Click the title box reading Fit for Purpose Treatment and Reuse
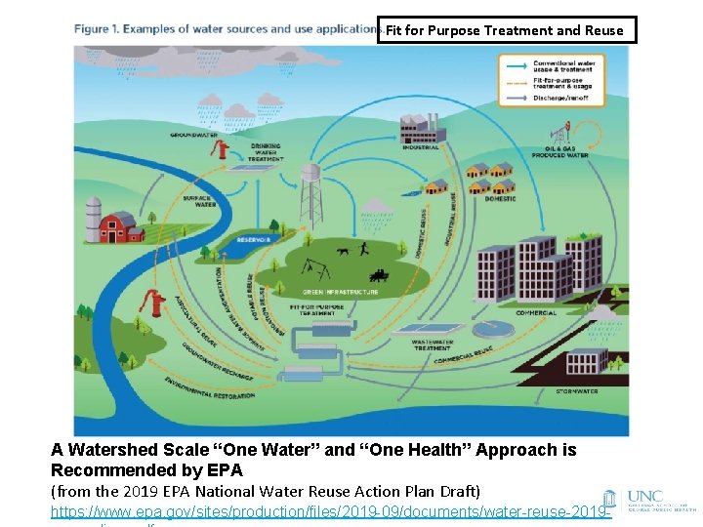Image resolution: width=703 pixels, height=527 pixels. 505,30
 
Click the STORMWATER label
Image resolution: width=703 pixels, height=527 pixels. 577,391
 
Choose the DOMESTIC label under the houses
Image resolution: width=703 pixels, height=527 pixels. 500,197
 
